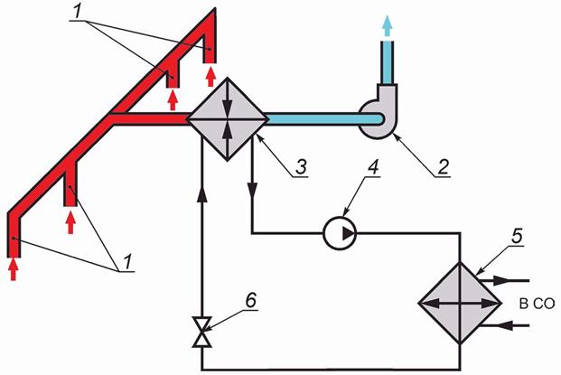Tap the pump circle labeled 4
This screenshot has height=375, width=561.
[340, 234]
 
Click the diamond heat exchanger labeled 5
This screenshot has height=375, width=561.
[461, 305]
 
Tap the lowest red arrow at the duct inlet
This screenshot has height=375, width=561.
[14, 268]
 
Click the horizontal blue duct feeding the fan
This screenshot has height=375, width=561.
[312, 118]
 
